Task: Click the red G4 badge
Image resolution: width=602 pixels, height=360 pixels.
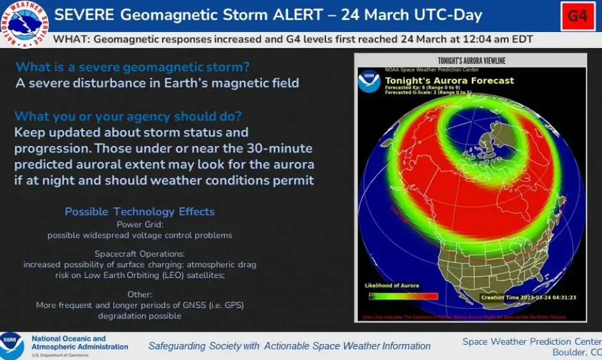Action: click(x=578, y=16)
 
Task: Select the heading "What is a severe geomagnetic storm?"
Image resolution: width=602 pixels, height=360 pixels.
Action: click(x=133, y=67)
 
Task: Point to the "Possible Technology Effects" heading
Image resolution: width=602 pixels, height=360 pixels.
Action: click(x=140, y=211)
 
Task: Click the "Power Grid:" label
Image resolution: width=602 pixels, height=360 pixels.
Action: click(x=139, y=224)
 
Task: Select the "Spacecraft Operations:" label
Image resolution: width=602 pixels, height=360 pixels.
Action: click(x=139, y=254)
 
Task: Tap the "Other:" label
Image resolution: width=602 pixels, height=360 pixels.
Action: click(x=139, y=294)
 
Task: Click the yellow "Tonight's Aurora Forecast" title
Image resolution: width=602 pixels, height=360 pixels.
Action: click(x=450, y=81)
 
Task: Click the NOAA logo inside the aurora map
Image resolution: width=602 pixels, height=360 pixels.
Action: click(x=370, y=82)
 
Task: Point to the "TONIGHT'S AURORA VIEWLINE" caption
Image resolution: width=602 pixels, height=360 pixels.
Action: click(x=471, y=61)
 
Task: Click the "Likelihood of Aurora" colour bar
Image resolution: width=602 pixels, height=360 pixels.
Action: click(x=403, y=296)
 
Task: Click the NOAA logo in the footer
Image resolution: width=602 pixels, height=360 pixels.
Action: click(x=12, y=344)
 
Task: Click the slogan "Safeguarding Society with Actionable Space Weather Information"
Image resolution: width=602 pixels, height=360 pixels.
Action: click(x=289, y=346)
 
